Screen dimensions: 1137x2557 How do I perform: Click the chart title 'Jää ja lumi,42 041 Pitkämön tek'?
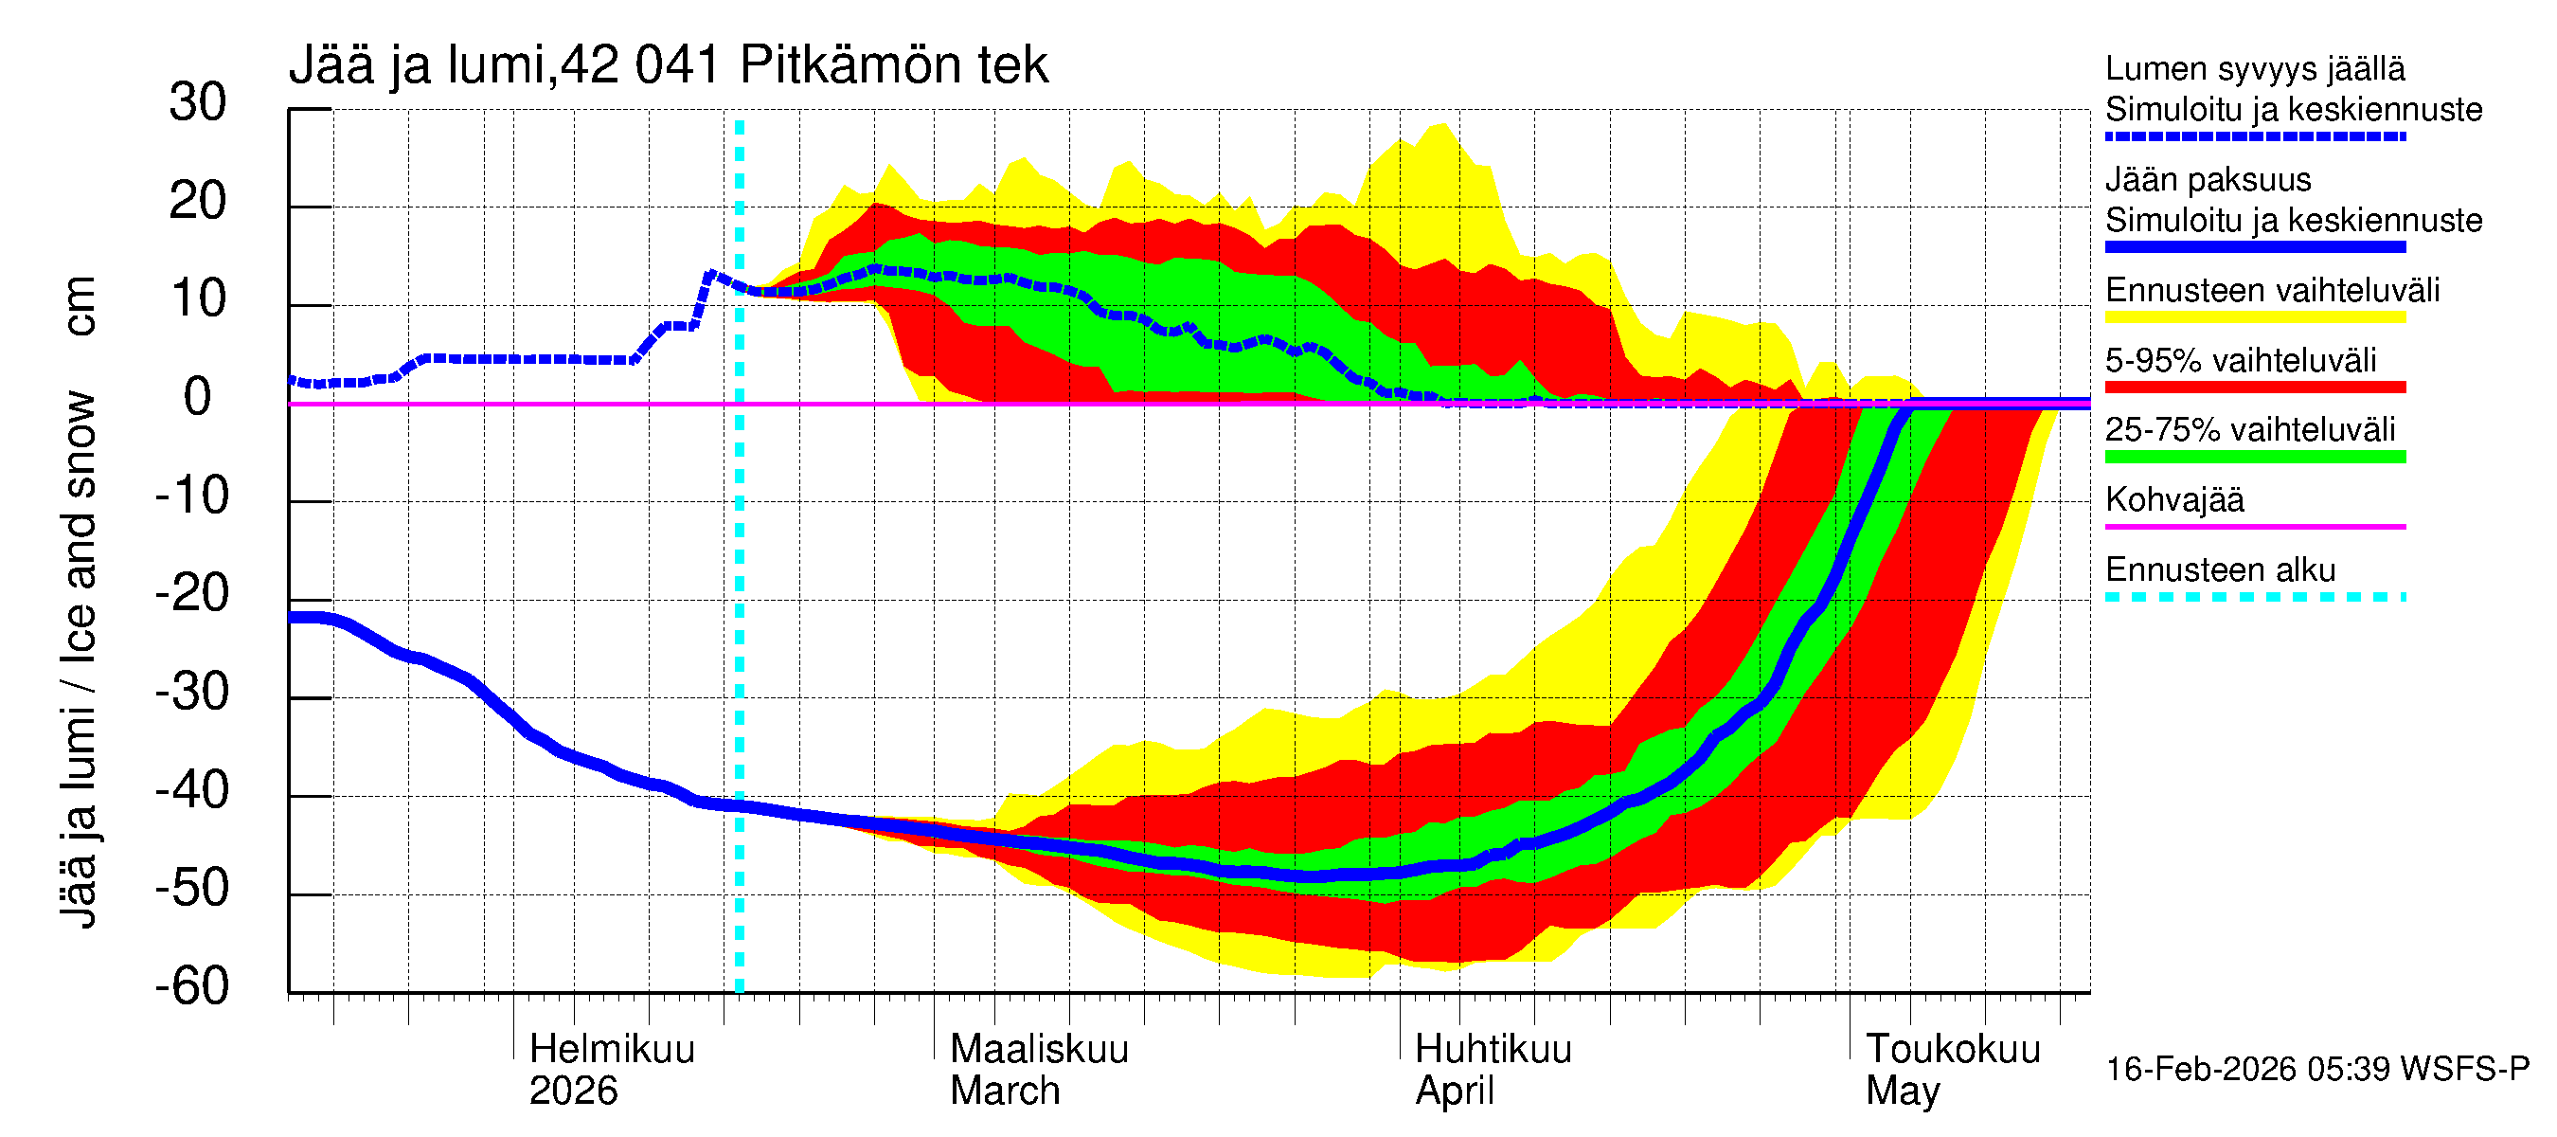pos(667,65)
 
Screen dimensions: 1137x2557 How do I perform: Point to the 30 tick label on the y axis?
pos(198,102)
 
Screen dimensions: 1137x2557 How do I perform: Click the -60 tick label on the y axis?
pos(191,986)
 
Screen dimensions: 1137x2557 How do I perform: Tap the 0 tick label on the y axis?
pos(198,397)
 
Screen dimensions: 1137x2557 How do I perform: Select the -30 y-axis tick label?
pos(191,692)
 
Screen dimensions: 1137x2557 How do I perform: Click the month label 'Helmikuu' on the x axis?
pos(612,1050)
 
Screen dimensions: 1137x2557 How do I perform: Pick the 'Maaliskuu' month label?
pos(1039,1050)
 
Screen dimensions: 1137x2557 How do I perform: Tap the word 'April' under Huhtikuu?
pos(1455,1092)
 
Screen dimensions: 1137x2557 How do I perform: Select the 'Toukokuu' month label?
pos(1953,1050)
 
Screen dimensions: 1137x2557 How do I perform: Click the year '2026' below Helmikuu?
pos(573,1092)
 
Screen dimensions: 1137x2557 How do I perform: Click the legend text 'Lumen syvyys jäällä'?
pos(2255,68)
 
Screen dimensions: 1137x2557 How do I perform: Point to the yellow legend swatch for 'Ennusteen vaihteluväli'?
pos(2255,317)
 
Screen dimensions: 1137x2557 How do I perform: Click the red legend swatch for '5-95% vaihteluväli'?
pos(2255,388)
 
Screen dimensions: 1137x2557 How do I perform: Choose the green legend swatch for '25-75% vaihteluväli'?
pos(2255,457)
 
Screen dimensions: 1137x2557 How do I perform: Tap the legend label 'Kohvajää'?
pos(2173,499)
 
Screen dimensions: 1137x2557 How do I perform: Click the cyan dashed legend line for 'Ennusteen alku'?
pos(2255,597)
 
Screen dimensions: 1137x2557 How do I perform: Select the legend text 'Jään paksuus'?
pos(2208,180)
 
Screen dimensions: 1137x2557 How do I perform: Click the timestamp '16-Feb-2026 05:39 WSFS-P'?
pos(2316,1070)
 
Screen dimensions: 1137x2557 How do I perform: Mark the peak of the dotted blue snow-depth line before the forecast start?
pos(709,273)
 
